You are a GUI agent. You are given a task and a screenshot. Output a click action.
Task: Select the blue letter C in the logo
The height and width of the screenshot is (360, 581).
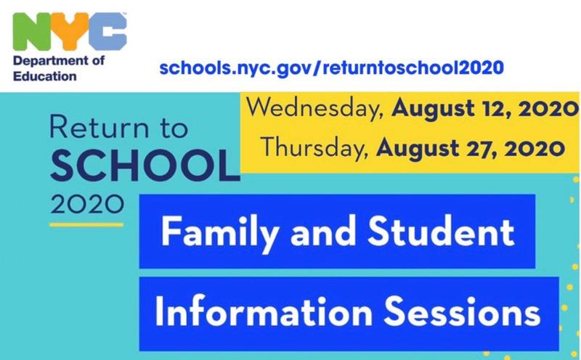[x=107, y=31]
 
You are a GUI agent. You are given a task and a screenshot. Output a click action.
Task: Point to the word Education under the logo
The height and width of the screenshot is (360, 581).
[x=45, y=76]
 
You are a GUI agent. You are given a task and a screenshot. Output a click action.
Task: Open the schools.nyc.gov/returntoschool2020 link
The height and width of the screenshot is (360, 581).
[x=332, y=68]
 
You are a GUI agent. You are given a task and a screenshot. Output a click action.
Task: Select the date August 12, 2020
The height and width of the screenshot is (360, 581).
[x=484, y=110]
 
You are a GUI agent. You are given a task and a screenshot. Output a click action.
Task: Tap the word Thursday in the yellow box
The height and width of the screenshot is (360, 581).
[x=315, y=148]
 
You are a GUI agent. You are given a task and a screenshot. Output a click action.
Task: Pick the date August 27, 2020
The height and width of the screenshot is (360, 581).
[x=471, y=149]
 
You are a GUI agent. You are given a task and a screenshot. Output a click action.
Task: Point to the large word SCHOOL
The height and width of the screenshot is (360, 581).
[x=145, y=166]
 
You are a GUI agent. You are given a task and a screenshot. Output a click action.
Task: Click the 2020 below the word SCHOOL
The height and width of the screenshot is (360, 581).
[x=87, y=204]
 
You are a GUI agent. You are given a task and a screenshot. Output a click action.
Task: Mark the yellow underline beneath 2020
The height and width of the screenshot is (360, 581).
[x=86, y=224]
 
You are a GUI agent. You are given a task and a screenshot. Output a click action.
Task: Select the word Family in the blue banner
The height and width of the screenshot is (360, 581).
[x=220, y=233]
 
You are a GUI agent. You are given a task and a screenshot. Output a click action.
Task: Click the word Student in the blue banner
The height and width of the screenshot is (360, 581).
[x=441, y=232]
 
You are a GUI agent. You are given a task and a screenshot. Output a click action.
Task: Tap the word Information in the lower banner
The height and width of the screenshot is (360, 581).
[x=264, y=311]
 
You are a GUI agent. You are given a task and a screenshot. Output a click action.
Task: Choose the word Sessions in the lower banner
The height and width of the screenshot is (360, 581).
[x=462, y=312]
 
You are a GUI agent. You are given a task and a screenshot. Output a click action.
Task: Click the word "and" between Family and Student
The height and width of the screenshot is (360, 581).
[x=322, y=232]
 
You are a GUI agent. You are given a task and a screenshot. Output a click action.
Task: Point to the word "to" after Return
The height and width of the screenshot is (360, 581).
[x=174, y=128]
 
